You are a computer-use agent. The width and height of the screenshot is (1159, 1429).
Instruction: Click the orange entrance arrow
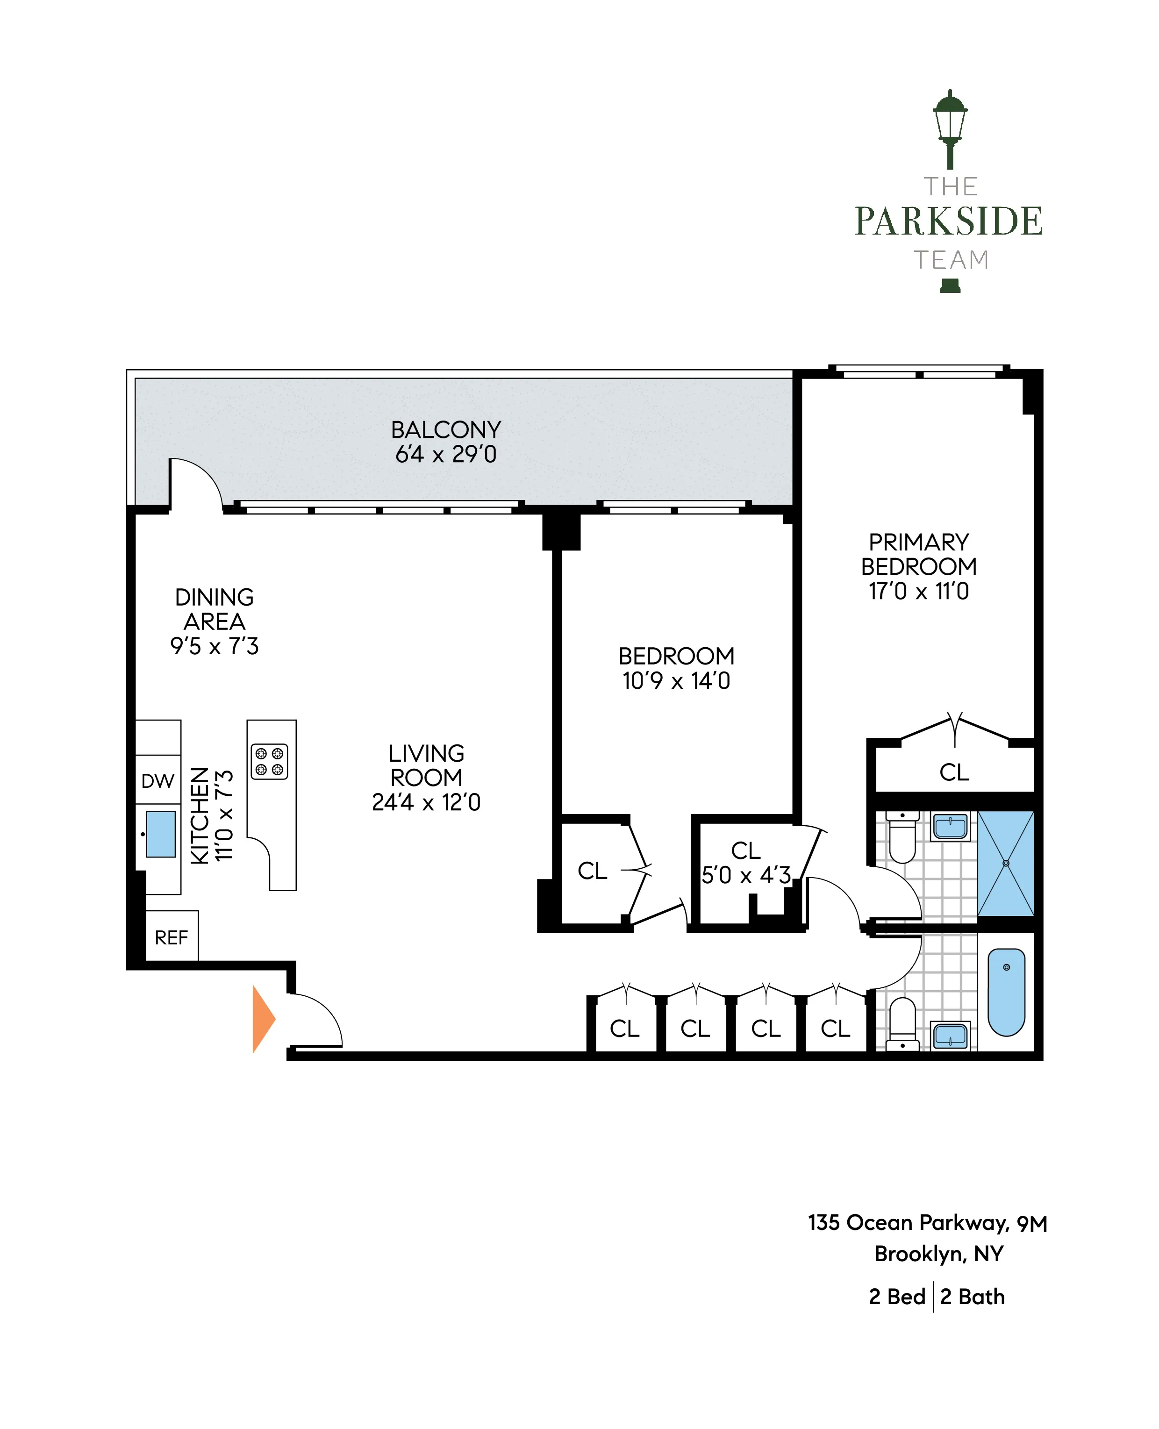[x=262, y=1019]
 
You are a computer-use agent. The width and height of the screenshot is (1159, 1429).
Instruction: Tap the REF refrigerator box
[x=171, y=937]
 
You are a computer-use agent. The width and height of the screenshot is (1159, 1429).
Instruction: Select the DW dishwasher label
[x=157, y=780]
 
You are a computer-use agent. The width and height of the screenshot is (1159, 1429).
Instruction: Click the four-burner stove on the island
[x=269, y=762]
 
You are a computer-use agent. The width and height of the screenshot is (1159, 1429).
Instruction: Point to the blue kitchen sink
[x=160, y=834]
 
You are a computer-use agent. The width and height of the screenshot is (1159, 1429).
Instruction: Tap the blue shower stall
[x=1005, y=863]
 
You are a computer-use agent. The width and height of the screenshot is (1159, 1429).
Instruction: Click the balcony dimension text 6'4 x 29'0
[x=446, y=455]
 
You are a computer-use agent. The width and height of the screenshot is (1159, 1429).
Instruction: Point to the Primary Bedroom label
[x=919, y=554]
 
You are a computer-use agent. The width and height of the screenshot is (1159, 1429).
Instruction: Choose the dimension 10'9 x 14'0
[x=676, y=681]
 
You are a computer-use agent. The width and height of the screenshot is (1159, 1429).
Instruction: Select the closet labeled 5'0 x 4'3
[x=746, y=862]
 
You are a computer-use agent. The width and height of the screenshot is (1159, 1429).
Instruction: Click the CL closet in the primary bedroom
[x=953, y=772]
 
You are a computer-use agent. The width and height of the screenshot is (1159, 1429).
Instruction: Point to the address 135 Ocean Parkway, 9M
[x=927, y=1223]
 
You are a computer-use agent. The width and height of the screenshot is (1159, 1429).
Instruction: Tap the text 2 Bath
[x=972, y=1296]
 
